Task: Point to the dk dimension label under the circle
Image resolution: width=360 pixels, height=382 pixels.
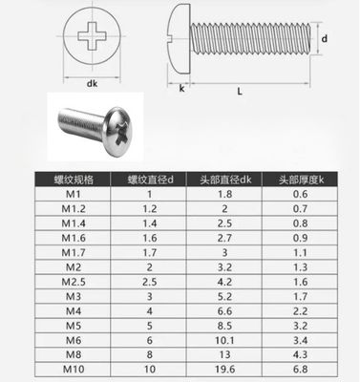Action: point(91,84)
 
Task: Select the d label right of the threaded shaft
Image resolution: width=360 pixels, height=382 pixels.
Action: point(326,38)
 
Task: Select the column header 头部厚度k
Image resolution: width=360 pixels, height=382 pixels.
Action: point(306,179)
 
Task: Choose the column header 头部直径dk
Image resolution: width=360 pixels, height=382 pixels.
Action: point(224,179)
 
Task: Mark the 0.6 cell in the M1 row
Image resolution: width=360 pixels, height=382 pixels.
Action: point(306,194)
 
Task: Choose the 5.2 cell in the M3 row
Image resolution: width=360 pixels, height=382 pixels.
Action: point(224,296)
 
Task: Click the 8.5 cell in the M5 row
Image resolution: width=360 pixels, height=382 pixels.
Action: point(224,324)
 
